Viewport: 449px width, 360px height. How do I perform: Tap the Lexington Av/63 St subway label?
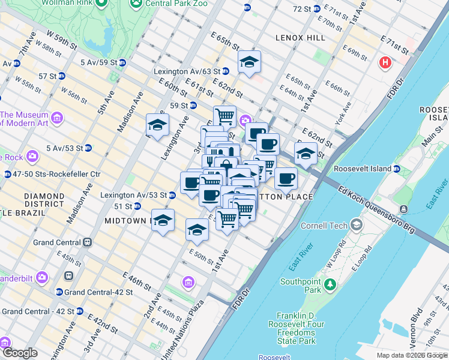pyautogui.click(x=187, y=71)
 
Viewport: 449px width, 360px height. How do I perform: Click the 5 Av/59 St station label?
pyautogui.click(x=98, y=62)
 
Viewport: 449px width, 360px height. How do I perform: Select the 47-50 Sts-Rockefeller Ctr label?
pyautogui.click(x=53, y=174)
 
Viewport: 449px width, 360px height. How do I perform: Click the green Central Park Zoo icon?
pyautogui.click(x=136, y=2)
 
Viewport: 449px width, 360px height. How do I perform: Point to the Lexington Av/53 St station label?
pyautogui.click(x=134, y=195)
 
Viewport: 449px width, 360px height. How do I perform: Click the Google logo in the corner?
pyautogui.click(x=20, y=353)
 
